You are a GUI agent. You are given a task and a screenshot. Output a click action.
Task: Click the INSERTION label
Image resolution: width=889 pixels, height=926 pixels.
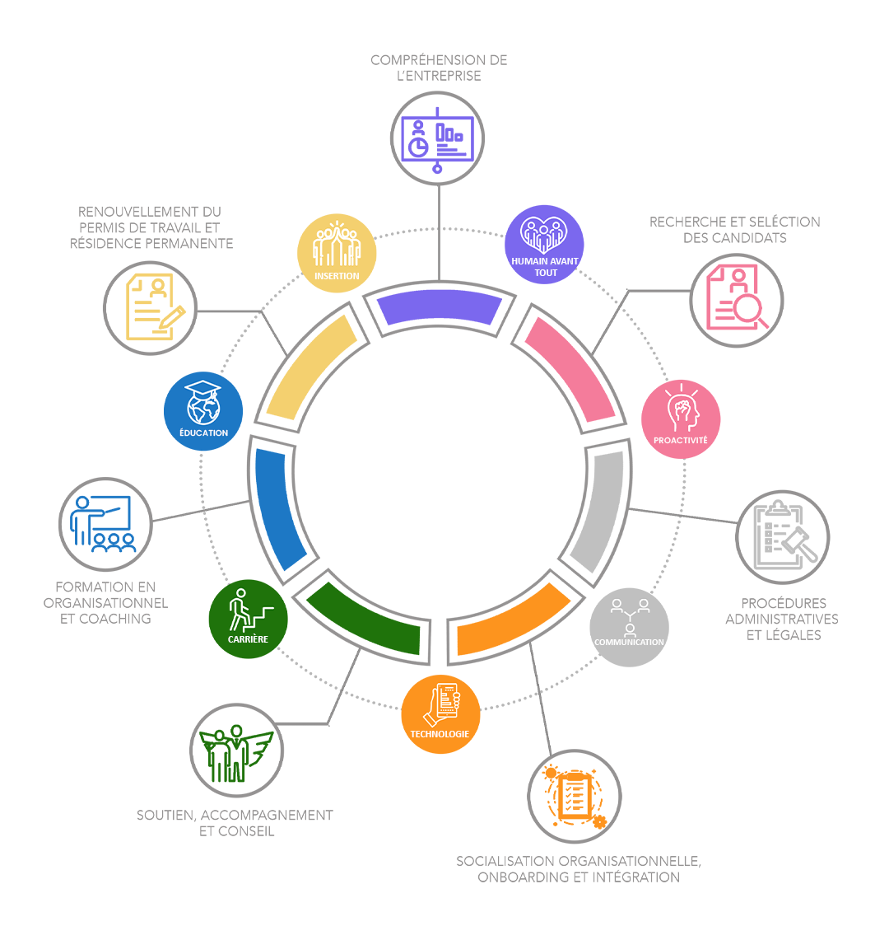(x=337, y=276)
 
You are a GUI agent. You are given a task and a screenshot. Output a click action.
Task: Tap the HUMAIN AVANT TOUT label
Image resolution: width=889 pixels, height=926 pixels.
(x=545, y=267)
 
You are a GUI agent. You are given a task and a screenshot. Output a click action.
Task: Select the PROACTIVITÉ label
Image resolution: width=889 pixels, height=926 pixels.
(x=680, y=441)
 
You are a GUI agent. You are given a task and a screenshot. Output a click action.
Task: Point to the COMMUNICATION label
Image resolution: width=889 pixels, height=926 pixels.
(x=629, y=643)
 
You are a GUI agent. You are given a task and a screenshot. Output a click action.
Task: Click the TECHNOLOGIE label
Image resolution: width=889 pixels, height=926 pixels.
(x=440, y=734)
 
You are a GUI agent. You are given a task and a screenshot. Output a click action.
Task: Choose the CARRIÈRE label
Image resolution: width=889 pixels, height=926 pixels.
(x=248, y=639)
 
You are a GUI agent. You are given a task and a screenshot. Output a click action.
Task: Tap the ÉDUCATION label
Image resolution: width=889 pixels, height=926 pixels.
(x=203, y=433)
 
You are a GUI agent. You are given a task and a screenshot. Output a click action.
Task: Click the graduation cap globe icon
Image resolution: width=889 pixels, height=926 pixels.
(x=203, y=402)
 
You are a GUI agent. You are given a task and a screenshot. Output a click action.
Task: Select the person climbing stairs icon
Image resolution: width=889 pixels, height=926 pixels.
(x=249, y=610)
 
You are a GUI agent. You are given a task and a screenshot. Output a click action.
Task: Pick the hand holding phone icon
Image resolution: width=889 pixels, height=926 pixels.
(x=442, y=704)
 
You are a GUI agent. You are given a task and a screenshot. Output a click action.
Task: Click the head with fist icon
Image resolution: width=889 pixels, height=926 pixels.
(x=682, y=409)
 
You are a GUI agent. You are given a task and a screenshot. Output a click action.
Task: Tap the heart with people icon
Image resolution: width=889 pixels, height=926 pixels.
(x=543, y=235)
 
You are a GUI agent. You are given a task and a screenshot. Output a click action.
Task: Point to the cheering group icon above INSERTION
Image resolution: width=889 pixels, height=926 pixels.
(x=337, y=245)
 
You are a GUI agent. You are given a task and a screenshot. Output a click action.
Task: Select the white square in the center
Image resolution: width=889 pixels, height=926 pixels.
(x=439, y=471)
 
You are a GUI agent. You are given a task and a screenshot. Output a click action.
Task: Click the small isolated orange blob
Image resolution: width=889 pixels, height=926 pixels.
(x=574, y=796)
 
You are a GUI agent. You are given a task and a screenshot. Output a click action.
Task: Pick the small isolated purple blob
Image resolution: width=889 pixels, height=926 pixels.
(x=437, y=138)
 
